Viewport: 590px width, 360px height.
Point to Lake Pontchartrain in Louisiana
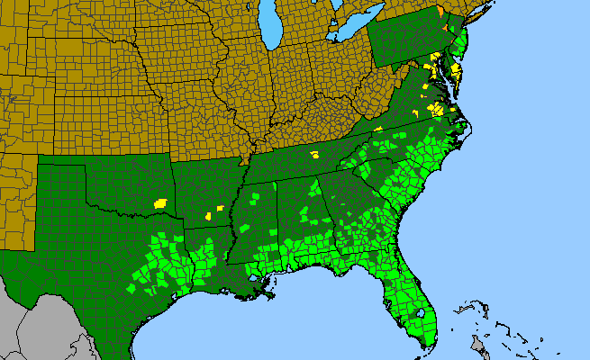[260, 281]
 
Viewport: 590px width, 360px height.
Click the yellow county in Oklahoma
[161, 202]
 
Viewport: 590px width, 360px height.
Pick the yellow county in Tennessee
[314, 155]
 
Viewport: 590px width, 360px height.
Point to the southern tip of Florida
[423, 347]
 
